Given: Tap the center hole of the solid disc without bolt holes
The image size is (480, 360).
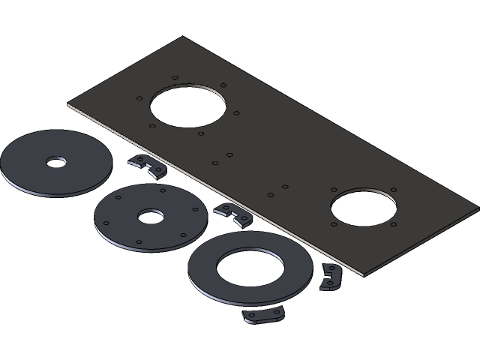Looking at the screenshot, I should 55,162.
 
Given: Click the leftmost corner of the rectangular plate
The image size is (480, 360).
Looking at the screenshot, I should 68,105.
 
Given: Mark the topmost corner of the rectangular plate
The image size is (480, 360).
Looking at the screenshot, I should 182,37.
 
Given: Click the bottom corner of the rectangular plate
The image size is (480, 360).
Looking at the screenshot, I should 362,274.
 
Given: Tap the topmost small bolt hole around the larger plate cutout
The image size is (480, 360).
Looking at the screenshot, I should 173,76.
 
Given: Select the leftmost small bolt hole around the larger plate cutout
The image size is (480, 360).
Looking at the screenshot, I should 139,98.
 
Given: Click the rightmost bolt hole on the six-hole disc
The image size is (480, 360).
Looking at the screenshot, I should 195,211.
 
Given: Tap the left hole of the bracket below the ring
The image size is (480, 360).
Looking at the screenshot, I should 251,315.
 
